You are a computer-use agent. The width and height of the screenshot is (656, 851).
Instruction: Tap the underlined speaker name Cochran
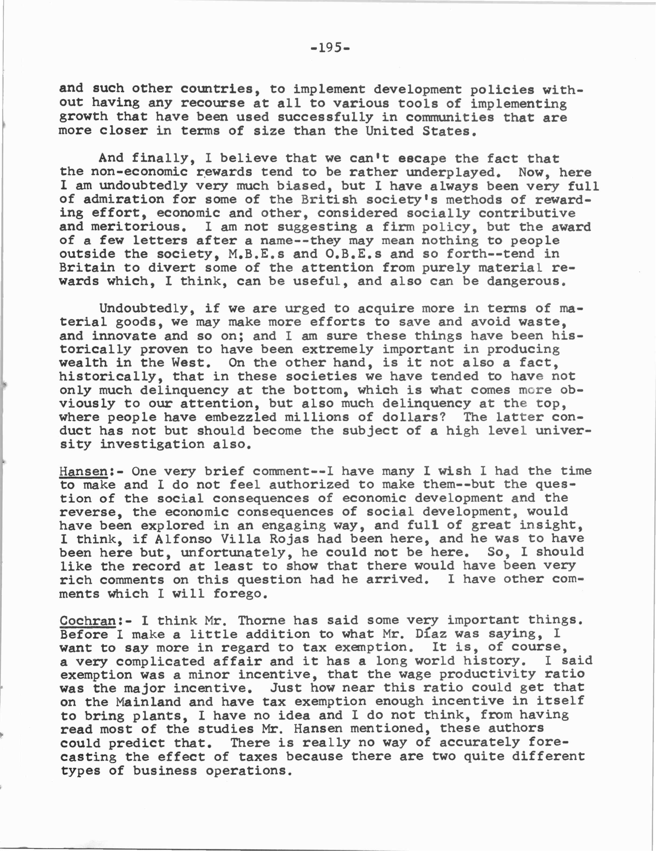coord(88,620)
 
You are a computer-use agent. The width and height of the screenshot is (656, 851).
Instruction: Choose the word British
coord(329,200)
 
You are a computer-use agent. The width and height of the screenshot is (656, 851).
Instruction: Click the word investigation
coord(152,444)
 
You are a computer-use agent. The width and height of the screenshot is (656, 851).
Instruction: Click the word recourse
coord(213,103)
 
